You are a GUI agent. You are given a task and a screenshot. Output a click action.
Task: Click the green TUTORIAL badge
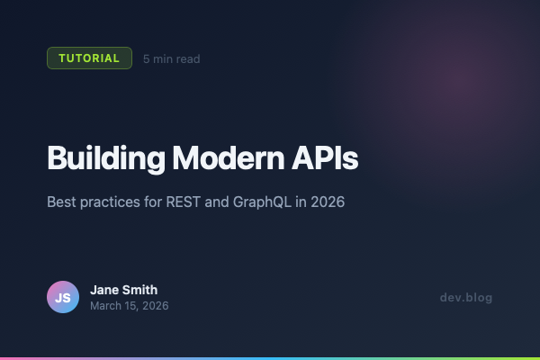(89, 58)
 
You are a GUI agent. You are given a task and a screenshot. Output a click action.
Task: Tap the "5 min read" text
(171, 59)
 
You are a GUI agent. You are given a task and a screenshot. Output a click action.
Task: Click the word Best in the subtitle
(61, 202)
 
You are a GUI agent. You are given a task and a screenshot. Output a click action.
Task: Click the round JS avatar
(63, 297)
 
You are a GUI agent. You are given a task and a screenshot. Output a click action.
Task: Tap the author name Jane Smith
(124, 290)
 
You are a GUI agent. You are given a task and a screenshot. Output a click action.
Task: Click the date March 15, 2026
(129, 306)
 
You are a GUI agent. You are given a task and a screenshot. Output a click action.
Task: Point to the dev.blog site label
(466, 298)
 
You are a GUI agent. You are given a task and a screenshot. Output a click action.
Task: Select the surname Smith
(140, 290)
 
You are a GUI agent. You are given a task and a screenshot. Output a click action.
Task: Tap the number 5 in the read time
(147, 59)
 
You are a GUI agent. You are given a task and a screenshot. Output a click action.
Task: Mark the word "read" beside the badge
(187, 59)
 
